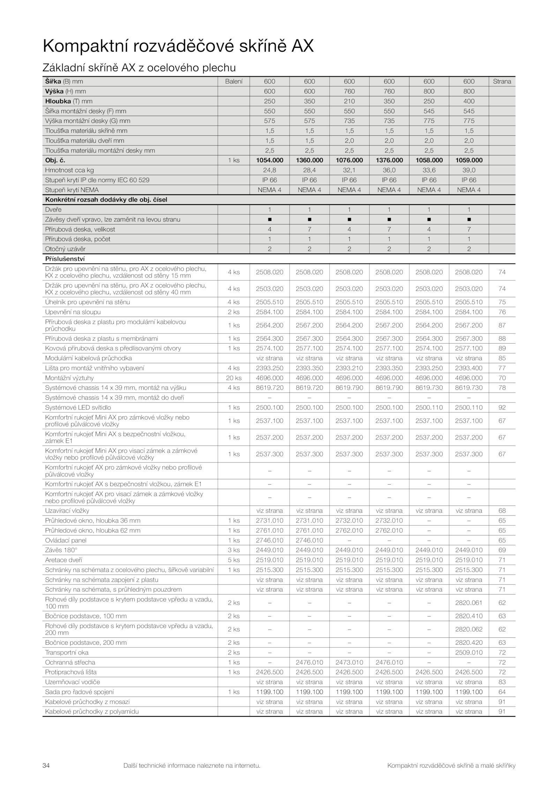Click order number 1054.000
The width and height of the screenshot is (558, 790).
tap(269, 160)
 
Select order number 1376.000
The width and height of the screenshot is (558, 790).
tap(389, 160)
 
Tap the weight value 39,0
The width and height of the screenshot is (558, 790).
tap(469, 170)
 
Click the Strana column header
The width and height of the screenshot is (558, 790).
tap(502, 81)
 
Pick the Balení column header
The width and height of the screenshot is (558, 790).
tap(234, 81)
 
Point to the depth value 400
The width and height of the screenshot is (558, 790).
tap(469, 101)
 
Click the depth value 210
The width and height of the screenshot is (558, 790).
tap(349, 101)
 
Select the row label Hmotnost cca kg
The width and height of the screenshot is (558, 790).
tap(69, 170)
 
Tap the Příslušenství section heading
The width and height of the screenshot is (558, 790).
tap(65, 259)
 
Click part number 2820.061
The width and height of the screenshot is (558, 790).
tap(469, 603)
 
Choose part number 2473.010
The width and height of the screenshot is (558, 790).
tap(349, 662)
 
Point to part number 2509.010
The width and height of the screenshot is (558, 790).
tap(469, 652)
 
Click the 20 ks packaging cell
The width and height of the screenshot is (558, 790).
tap(234, 378)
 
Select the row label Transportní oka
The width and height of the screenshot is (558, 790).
tap(67, 652)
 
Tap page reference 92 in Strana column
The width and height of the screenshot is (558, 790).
tap(502, 407)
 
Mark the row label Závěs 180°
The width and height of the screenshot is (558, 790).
tap(61, 550)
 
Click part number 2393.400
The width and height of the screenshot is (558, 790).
tap(469, 368)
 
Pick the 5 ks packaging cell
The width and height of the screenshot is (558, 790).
tap(234, 560)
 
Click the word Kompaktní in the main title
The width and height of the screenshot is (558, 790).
tap(90, 46)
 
